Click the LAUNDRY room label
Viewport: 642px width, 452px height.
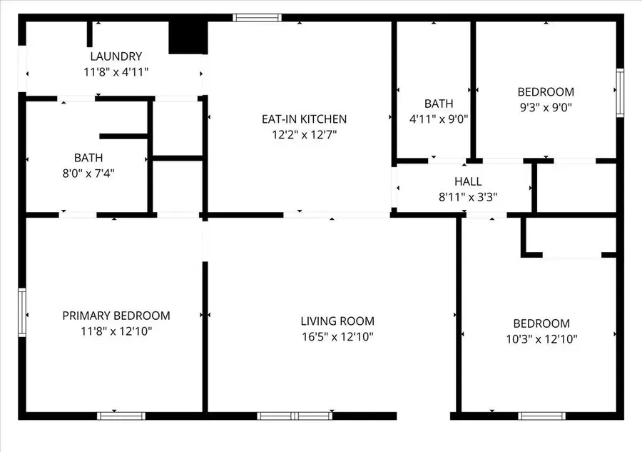[x=116, y=56]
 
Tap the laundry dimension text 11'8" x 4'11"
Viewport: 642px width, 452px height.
[x=116, y=72]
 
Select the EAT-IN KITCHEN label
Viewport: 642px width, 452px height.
[x=304, y=119]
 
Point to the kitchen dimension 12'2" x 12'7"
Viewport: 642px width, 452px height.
[x=304, y=135]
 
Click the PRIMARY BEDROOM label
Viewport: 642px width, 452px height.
[x=116, y=316]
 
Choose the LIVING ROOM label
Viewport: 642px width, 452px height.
[x=337, y=321]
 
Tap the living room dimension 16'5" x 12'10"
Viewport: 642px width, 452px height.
[x=337, y=337]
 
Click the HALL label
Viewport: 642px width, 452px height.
[x=468, y=182]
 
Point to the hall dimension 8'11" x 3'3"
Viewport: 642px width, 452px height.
[x=468, y=197]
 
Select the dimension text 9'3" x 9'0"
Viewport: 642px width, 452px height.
[x=546, y=108]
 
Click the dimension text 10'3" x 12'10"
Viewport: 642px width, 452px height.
[x=541, y=339]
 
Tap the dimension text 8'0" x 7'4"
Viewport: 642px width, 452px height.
[x=88, y=173]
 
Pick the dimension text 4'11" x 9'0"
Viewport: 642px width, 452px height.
[x=439, y=119]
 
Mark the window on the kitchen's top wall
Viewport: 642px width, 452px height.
[x=258, y=18]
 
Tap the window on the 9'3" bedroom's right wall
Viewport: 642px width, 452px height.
[x=620, y=92]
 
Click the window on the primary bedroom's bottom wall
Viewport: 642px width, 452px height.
[x=121, y=416]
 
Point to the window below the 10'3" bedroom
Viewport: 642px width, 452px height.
[x=541, y=416]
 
